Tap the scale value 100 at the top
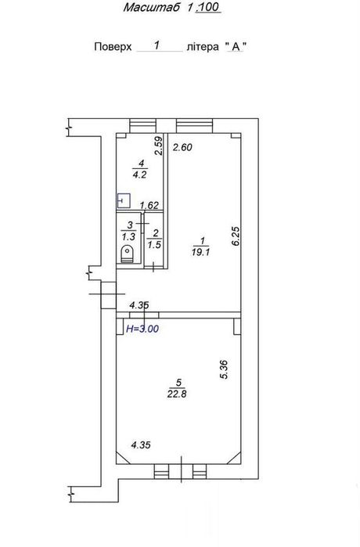pos(209,7)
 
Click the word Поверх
pos(113,47)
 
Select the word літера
pos(203,47)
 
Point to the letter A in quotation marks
pos(236,47)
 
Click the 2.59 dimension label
pos(159,146)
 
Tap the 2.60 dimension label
pos(183,148)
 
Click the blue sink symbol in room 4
pos(124,200)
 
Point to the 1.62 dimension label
pos(149,206)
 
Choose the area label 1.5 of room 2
pos(154,245)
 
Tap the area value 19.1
pos(200,252)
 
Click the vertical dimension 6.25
pos(236,236)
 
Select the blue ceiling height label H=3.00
pos(142,329)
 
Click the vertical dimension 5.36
pos(225,369)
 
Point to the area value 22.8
pos(177,394)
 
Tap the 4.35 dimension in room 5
pos(141,445)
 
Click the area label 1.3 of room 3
pos(128,237)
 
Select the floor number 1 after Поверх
pos(157,45)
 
